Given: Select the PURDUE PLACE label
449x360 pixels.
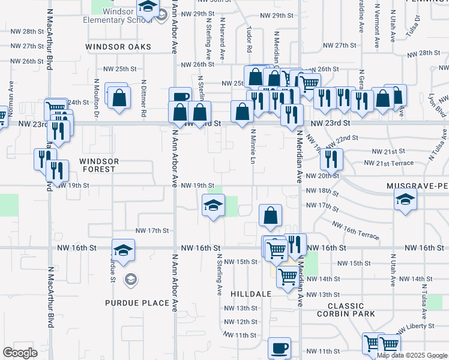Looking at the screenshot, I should click(137, 303).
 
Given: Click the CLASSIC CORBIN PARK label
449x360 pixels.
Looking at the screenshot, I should click(346, 310).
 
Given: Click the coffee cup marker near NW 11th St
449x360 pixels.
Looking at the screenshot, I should click(279, 348).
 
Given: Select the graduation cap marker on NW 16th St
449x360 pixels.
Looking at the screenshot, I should click(123, 250).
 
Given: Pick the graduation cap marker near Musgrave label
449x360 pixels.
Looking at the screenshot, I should click(405, 200).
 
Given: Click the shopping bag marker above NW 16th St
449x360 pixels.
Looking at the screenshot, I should click(271, 216).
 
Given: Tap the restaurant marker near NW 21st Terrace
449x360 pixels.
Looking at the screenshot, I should click(331, 159).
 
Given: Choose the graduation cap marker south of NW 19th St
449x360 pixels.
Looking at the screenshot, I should click(213, 206).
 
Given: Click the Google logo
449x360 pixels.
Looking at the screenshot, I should click(20, 353).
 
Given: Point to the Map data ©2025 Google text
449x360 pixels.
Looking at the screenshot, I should click(412, 355).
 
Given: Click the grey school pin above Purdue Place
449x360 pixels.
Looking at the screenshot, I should click(130, 279).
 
